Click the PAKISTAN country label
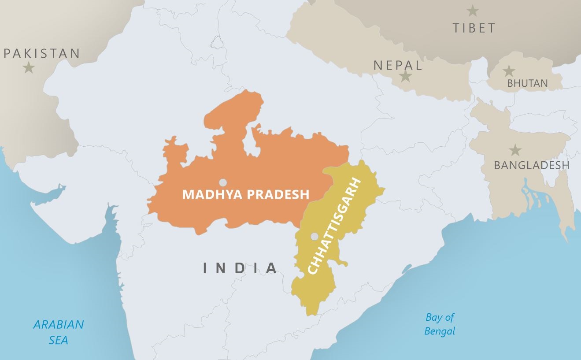[x=42, y=54]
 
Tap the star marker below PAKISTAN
[x=29, y=68]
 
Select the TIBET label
[x=474, y=28]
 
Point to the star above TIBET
[x=473, y=11]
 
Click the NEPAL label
[x=398, y=66]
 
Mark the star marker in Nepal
[x=405, y=77]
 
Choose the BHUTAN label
[x=527, y=83]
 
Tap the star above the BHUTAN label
[x=509, y=71]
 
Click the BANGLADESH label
[x=531, y=165]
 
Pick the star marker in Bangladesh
[x=514, y=150]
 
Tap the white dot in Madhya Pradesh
[x=223, y=182]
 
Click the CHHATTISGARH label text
[x=334, y=226]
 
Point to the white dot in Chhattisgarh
[x=314, y=237]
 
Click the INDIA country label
[x=241, y=268]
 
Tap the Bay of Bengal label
[x=439, y=324]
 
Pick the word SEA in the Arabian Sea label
[x=59, y=340]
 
